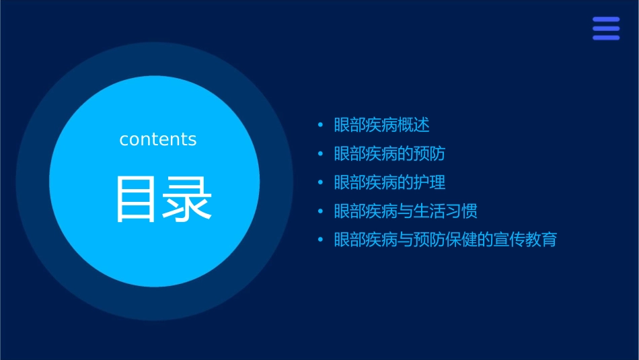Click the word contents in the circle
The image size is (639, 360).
click(x=158, y=139)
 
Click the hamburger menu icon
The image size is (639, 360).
click(x=606, y=28)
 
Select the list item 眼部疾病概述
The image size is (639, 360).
click(x=381, y=125)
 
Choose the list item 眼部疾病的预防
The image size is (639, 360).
click(x=389, y=153)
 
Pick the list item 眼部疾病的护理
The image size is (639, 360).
click(x=389, y=182)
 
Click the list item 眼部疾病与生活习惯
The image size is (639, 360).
click(x=406, y=211)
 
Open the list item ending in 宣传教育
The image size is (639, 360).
click(x=445, y=240)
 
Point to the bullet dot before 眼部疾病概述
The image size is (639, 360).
click(x=320, y=125)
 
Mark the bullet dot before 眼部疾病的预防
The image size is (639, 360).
click(x=320, y=154)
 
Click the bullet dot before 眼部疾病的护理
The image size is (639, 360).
click(x=320, y=182)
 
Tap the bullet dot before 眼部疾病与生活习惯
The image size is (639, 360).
click(x=320, y=211)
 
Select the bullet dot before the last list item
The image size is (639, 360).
click(x=320, y=240)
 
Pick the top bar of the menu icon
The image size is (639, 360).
click(x=606, y=20)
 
